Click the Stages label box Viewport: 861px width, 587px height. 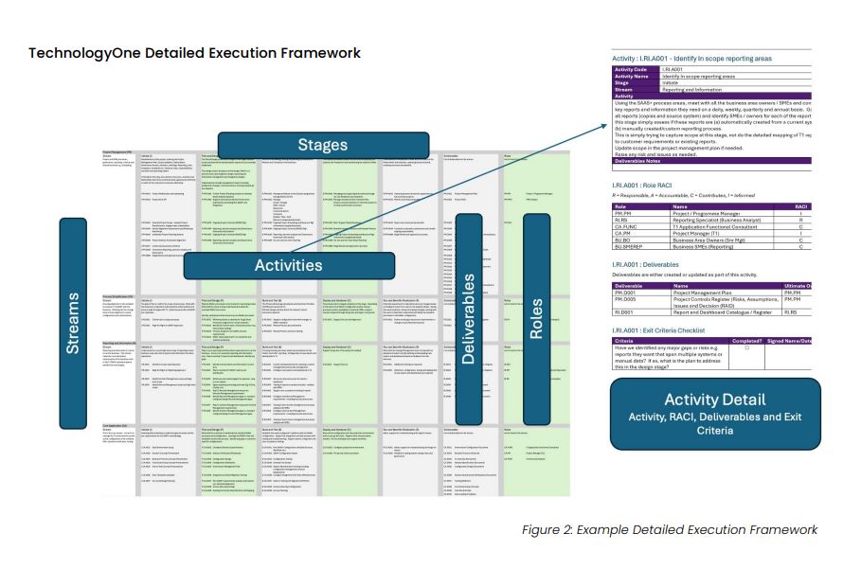[x=322, y=145]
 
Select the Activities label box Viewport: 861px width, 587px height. [x=288, y=265]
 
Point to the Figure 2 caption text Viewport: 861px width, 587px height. [x=669, y=529]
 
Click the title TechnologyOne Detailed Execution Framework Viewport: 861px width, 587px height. [x=194, y=52]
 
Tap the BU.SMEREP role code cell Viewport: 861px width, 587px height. [x=632, y=247]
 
